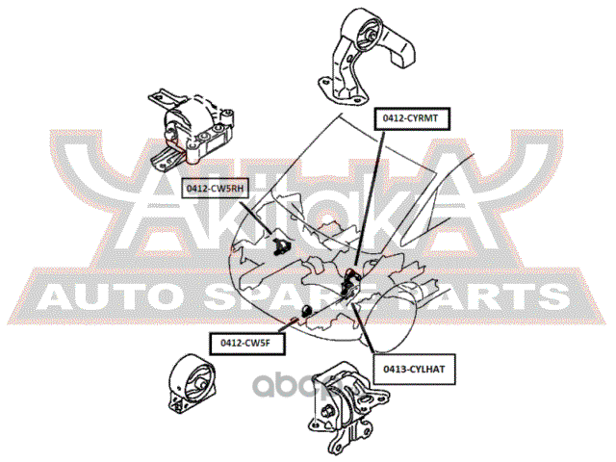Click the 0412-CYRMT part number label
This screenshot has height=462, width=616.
point(411,117)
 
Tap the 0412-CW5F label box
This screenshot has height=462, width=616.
point(243,340)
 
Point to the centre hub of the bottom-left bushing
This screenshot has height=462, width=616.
point(199,391)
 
